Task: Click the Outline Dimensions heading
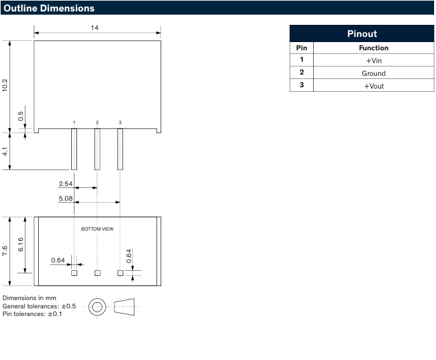click(49, 8)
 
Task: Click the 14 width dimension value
click(95, 28)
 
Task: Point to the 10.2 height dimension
click(6, 85)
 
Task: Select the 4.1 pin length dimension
click(6, 152)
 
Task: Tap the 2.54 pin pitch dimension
click(66, 184)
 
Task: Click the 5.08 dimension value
click(66, 198)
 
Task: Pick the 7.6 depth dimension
click(6, 251)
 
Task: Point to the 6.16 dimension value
click(21, 244)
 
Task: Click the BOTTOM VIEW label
click(97, 229)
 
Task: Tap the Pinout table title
click(362, 34)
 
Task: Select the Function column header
click(374, 48)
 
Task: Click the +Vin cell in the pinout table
click(374, 61)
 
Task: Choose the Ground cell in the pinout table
click(374, 73)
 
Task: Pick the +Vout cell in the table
click(374, 86)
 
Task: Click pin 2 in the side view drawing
click(97, 149)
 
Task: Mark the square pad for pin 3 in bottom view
click(120, 273)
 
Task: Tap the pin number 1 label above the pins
click(74, 122)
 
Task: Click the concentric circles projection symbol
click(97, 307)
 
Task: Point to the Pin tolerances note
click(32, 314)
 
